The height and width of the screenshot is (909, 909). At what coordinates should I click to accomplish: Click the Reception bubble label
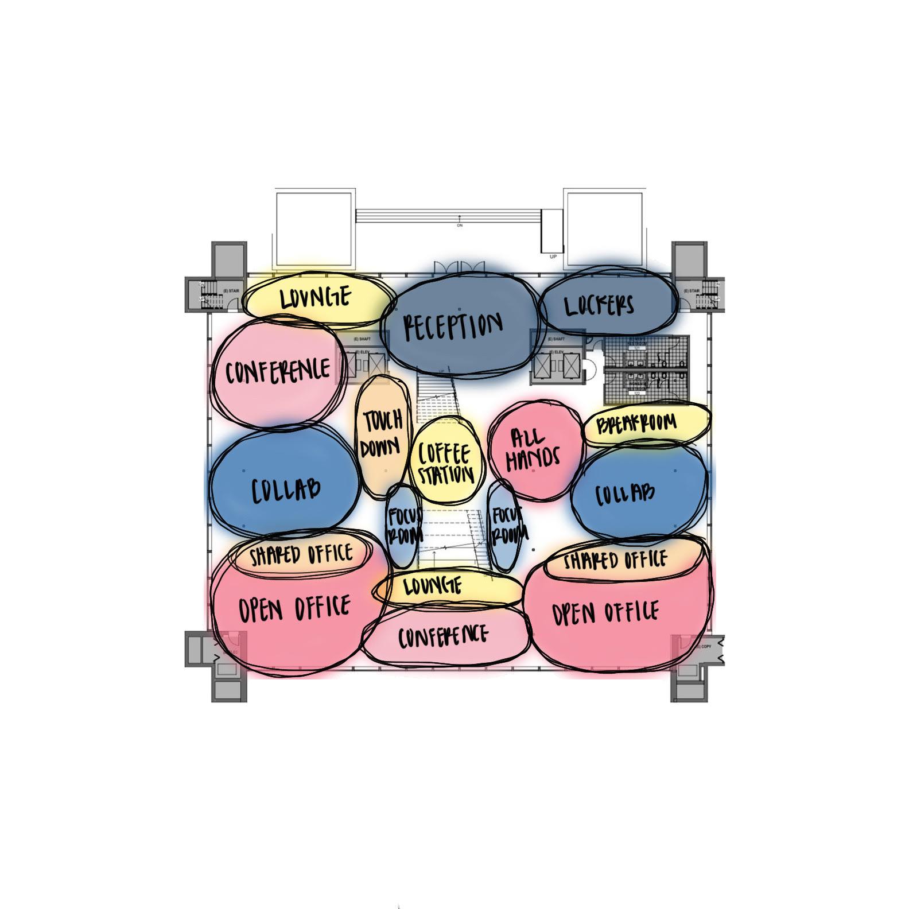coord(453,327)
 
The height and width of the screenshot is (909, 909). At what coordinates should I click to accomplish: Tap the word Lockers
coord(599,306)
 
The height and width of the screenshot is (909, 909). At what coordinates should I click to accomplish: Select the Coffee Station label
coord(445,464)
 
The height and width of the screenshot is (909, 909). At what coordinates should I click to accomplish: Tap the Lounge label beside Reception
coord(316,298)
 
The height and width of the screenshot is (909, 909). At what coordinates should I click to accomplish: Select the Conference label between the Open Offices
coord(443,636)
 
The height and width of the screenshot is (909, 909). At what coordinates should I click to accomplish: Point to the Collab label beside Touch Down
coord(285,490)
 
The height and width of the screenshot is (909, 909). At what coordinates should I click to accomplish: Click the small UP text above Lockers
coord(553,257)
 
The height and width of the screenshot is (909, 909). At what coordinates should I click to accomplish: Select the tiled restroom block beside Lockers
coord(646,370)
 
